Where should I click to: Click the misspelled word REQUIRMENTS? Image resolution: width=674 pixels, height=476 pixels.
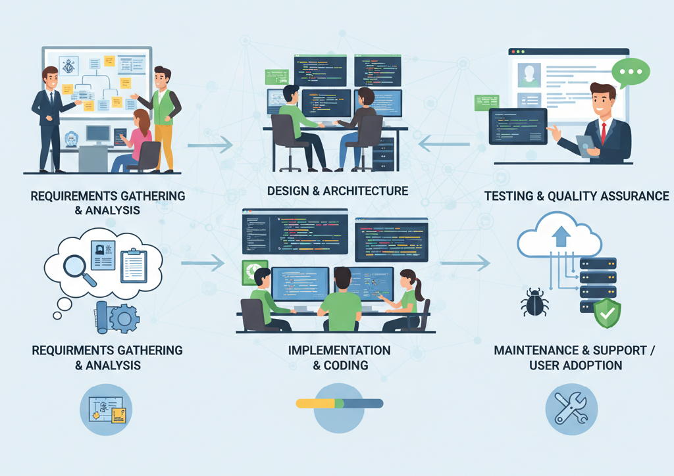[68, 350]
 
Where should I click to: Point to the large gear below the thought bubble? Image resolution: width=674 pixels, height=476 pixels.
[123, 319]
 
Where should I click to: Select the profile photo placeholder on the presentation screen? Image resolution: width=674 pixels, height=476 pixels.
[529, 75]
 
